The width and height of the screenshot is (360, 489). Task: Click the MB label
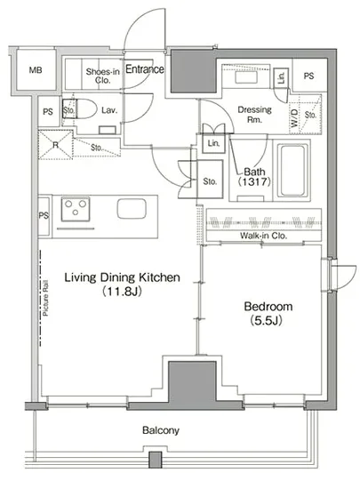point(36,70)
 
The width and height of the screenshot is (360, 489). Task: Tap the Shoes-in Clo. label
point(102,76)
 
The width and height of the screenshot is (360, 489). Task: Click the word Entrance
point(145,69)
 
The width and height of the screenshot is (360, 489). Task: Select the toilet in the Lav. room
point(80,108)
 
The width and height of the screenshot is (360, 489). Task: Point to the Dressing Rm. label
point(254,114)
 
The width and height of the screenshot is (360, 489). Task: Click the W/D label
point(294,118)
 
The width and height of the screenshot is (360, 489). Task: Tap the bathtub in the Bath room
point(292,171)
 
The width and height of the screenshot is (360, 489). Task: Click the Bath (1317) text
point(254,177)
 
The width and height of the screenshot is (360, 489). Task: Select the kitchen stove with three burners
point(76,209)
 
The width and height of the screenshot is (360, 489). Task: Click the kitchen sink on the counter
point(132,209)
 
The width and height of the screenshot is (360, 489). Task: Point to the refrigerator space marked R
point(55,145)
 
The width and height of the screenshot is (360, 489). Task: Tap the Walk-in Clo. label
point(263,236)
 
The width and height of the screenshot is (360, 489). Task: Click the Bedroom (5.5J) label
point(268,313)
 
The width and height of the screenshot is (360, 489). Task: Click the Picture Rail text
point(45,299)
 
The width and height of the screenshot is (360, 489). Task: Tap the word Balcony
point(161,430)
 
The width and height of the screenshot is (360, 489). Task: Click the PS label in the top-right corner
point(308,76)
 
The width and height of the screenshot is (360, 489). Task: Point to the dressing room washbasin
point(246,77)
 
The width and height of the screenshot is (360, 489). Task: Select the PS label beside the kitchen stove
point(44,215)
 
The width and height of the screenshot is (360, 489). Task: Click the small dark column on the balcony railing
point(155,460)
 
